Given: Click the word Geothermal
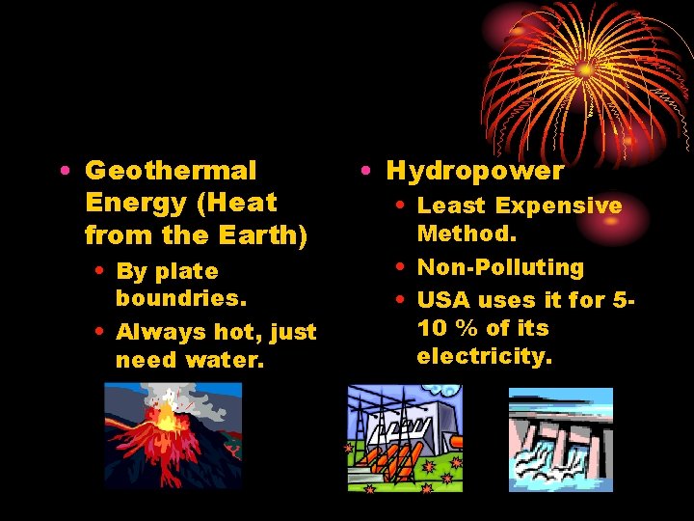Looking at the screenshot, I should [x=171, y=172].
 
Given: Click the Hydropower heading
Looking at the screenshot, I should [x=474, y=172].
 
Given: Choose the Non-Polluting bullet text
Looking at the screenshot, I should [x=500, y=267].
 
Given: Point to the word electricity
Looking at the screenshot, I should [x=485, y=356].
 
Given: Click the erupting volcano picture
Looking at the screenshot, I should [x=173, y=435].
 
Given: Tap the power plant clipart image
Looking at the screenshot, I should [x=405, y=438].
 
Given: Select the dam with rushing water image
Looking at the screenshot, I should [x=560, y=438].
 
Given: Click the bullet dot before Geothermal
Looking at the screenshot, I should [x=63, y=172].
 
